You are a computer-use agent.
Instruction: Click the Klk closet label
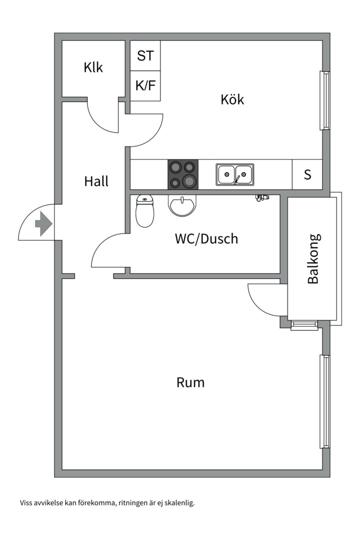click(93, 67)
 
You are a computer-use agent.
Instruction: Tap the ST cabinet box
click(145, 56)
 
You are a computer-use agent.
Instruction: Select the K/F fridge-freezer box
click(145, 86)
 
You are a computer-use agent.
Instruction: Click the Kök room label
click(232, 99)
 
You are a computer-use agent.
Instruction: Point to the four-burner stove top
click(183, 174)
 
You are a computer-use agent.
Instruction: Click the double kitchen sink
click(235, 174)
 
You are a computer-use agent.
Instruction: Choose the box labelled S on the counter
click(307, 174)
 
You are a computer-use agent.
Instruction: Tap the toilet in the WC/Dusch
click(144, 211)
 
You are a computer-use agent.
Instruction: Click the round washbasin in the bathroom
click(182, 205)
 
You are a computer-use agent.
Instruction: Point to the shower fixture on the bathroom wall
click(262, 197)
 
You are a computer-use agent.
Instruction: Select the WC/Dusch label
click(206, 238)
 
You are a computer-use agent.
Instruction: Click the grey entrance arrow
click(43, 224)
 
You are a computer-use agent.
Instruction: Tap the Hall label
click(96, 181)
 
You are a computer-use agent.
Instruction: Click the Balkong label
click(313, 259)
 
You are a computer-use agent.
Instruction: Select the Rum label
click(190, 382)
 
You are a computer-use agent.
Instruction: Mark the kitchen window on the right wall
click(324, 100)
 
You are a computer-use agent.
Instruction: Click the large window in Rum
click(324, 401)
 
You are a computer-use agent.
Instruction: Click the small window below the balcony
click(304, 325)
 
